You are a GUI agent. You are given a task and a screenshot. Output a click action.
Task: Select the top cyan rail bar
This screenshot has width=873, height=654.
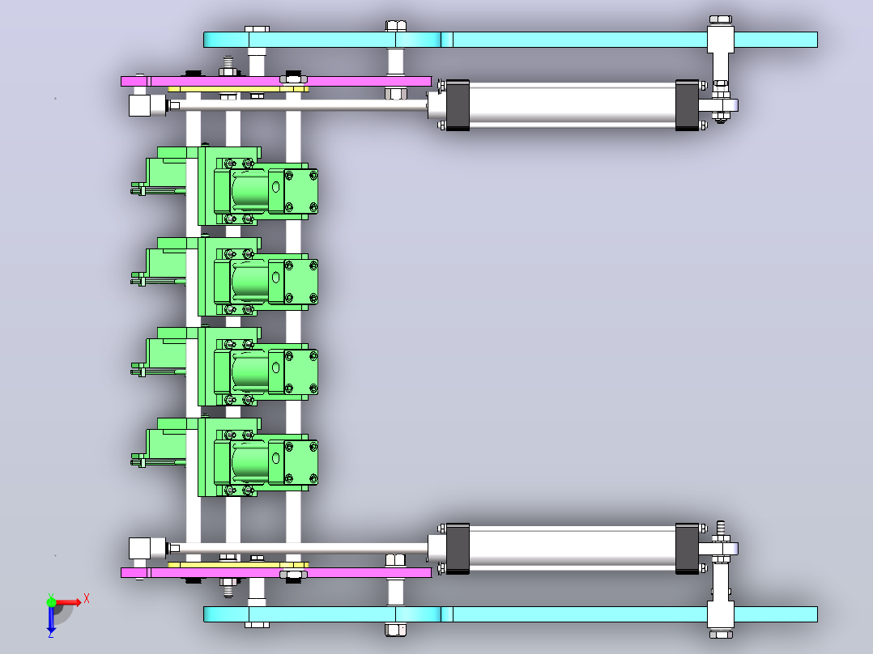point(510,40)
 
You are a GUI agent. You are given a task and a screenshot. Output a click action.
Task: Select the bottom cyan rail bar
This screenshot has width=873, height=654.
point(510,614)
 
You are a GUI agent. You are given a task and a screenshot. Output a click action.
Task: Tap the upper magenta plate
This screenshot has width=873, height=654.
point(276,81)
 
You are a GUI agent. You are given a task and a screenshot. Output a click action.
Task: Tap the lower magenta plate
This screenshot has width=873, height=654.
point(276,573)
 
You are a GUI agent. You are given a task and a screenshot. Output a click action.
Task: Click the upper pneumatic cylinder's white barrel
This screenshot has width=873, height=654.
point(573,105)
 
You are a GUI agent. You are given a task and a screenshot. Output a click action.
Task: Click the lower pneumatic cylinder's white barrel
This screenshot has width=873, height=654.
point(573,548)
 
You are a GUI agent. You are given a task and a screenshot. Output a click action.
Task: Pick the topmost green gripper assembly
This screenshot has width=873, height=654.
point(224,186)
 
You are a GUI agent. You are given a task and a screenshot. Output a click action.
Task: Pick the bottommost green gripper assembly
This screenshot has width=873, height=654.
point(224,457)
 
